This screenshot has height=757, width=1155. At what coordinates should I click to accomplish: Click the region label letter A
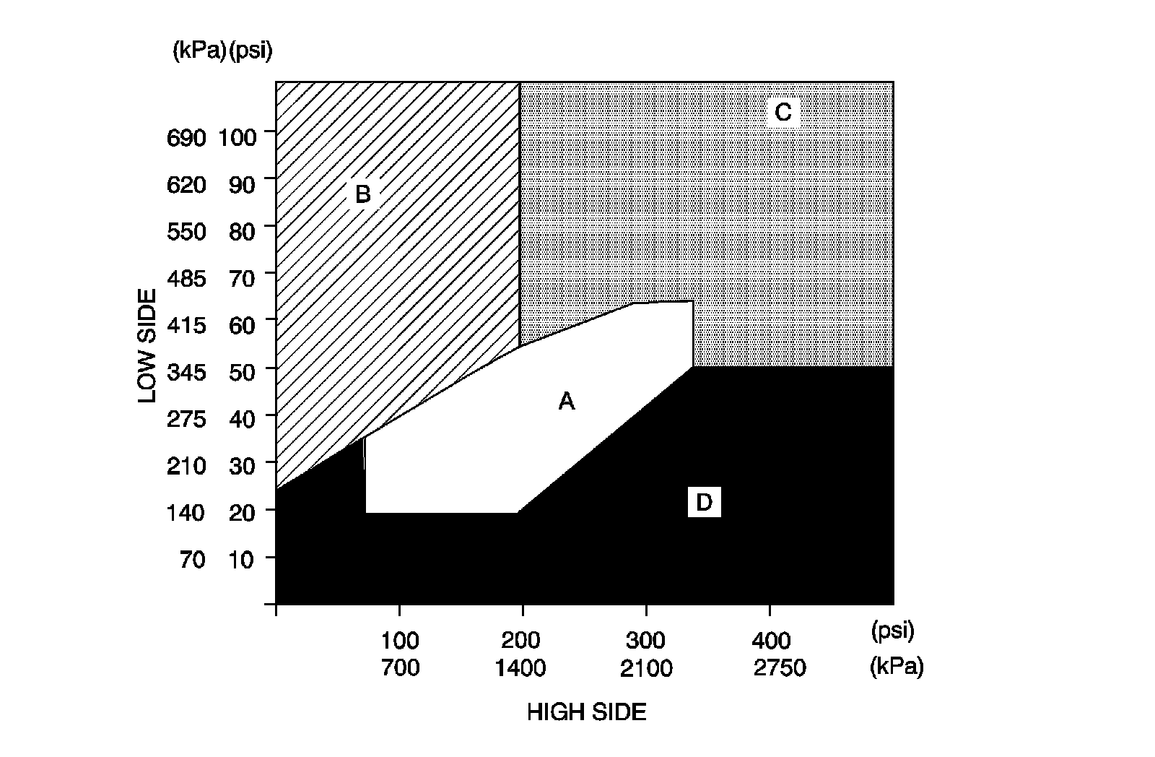567,401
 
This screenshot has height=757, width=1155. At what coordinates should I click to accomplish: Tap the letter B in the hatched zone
362,194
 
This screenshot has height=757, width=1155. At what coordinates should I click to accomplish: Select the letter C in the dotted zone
783,112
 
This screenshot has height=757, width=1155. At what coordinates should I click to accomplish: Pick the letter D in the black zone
704,501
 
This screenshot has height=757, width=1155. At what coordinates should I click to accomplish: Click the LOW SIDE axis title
147,346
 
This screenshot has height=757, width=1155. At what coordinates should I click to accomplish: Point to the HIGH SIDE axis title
586,713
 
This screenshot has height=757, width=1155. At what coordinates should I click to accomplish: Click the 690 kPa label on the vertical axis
186,137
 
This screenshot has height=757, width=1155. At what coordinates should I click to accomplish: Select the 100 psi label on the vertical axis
237,137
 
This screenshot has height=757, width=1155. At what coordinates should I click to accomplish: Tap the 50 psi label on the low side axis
243,373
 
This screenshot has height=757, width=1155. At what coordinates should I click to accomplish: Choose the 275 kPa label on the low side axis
186,420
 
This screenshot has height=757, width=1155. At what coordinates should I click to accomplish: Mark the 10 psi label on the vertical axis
243,560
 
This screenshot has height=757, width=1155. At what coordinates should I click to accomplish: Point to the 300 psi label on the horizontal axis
645,641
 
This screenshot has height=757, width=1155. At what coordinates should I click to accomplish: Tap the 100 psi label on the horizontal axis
400,641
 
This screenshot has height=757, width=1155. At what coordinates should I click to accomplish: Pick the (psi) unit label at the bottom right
893,631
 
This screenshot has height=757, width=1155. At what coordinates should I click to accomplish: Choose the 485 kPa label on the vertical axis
186,279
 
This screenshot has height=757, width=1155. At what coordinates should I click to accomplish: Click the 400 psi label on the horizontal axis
771,641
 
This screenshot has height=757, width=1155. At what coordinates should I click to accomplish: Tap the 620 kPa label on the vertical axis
186,185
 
